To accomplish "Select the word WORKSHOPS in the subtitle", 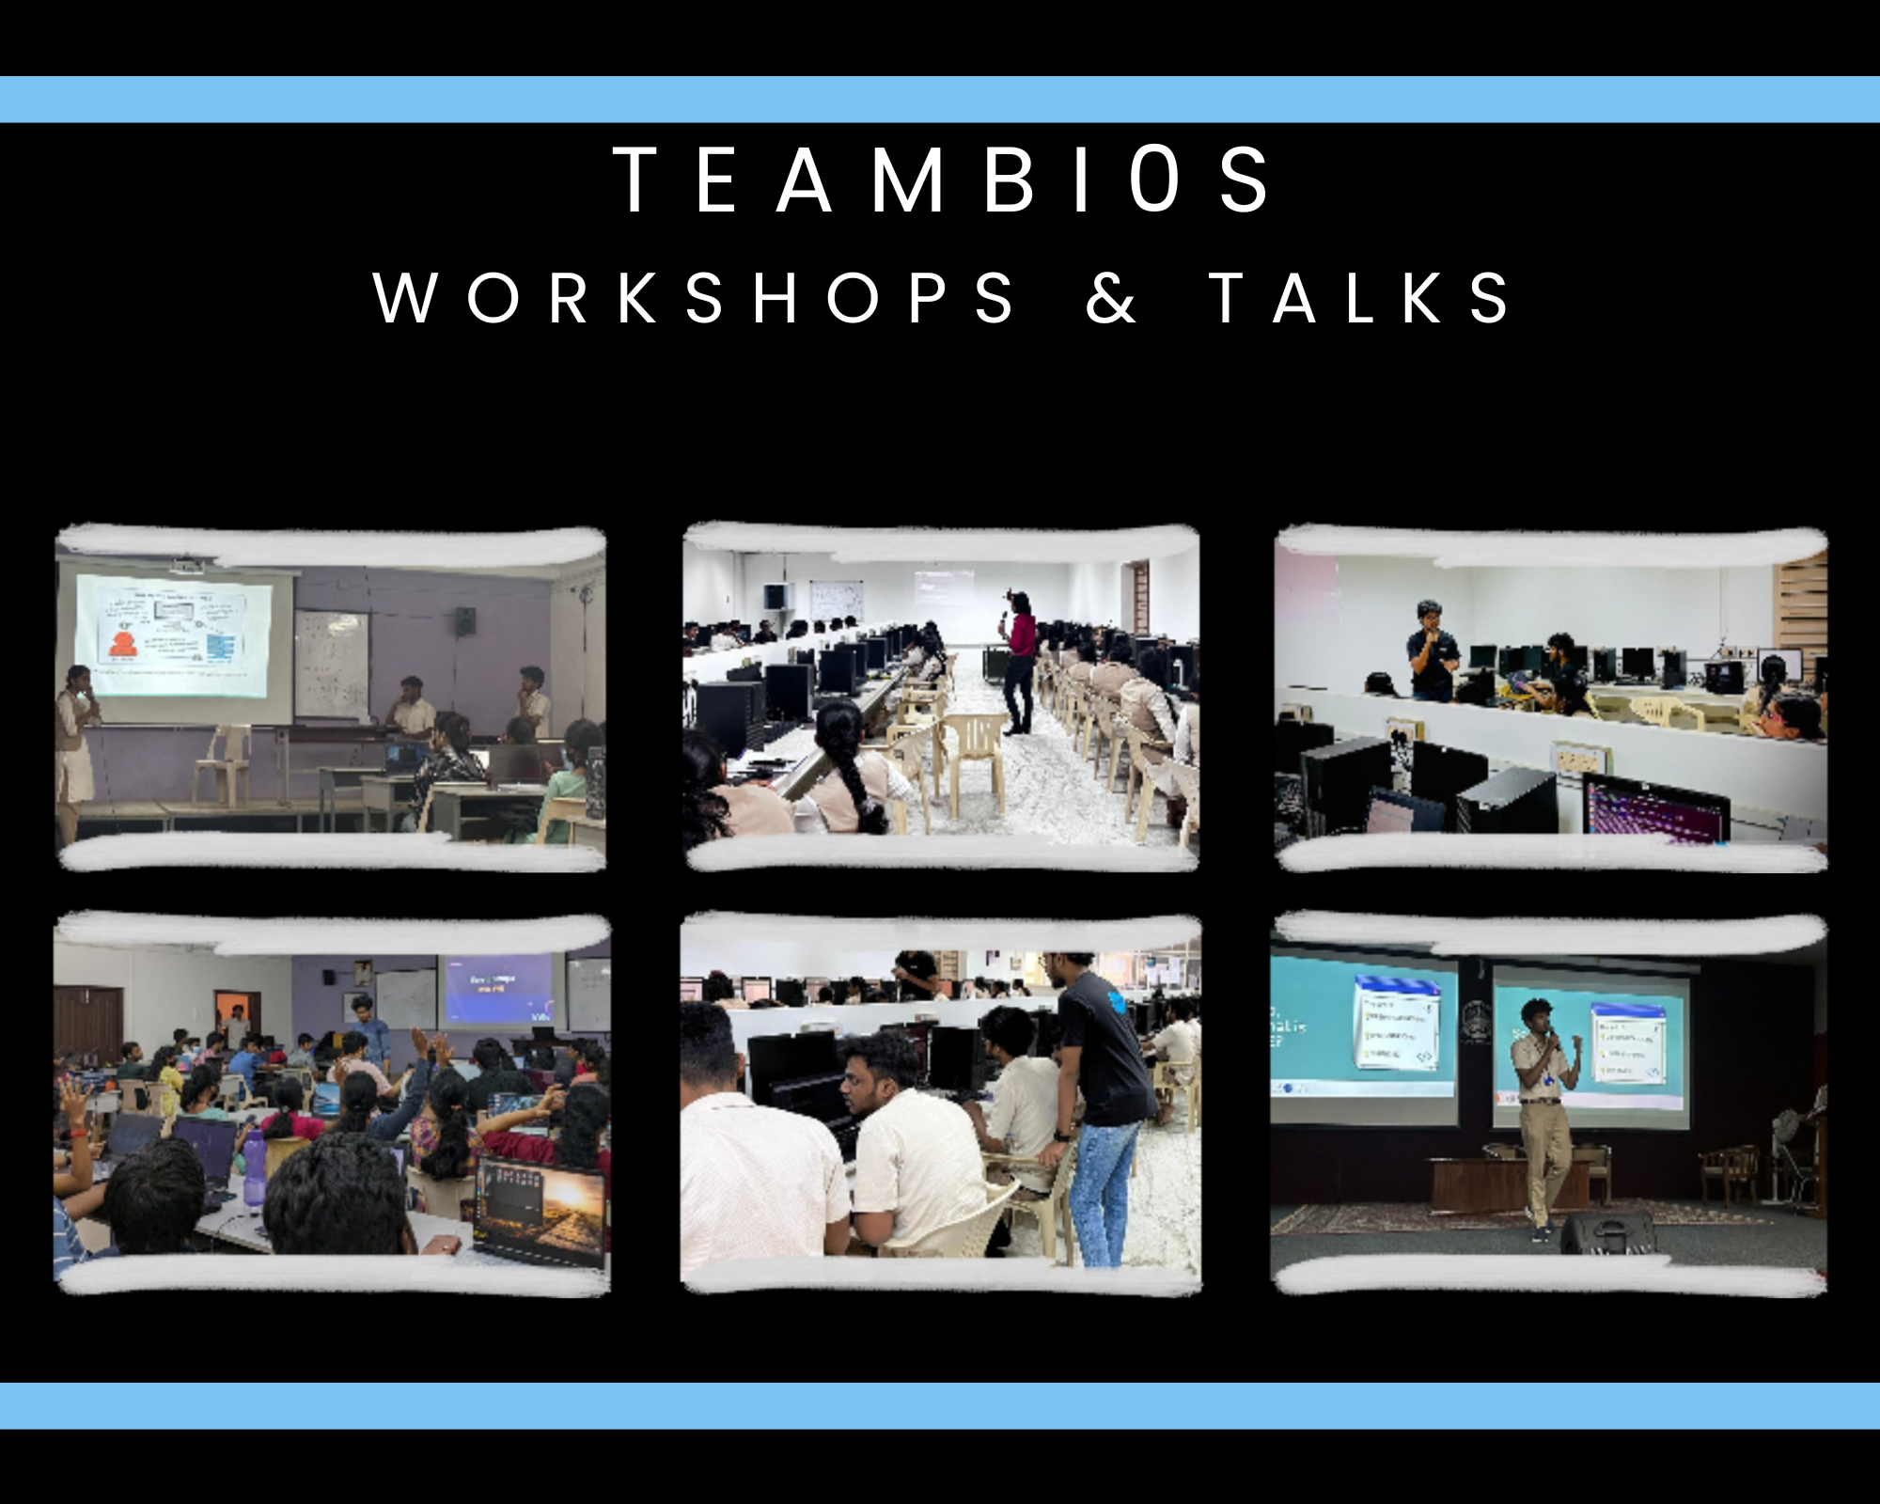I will pyautogui.click(x=694, y=299).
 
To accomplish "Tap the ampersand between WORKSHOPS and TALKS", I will pyautogui.click(x=1111, y=299).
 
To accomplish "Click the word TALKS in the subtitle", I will pyautogui.click(x=1359, y=299).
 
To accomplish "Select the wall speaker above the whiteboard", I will pyautogui.click(x=465, y=619).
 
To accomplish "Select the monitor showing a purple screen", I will pyautogui.click(x=1654, y=808).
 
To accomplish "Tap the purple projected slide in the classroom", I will pyautogui.click(x=498, y=989).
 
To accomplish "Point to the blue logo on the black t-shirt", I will pyautogui.click(x=1117, y=1001).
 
